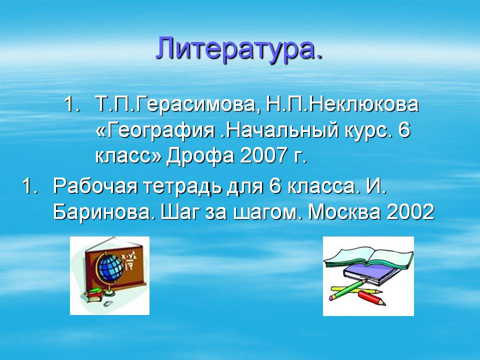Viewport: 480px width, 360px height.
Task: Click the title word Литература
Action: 239,49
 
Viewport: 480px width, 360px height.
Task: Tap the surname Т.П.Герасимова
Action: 175,104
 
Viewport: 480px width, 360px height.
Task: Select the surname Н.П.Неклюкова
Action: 342,104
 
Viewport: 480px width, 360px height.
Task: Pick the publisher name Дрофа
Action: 199,156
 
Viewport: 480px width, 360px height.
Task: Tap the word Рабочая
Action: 95,186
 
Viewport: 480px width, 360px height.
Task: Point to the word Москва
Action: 344,211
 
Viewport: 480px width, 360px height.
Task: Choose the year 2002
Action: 410,211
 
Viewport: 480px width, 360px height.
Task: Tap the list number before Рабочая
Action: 30,186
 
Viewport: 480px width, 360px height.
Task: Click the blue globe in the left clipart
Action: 109,266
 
